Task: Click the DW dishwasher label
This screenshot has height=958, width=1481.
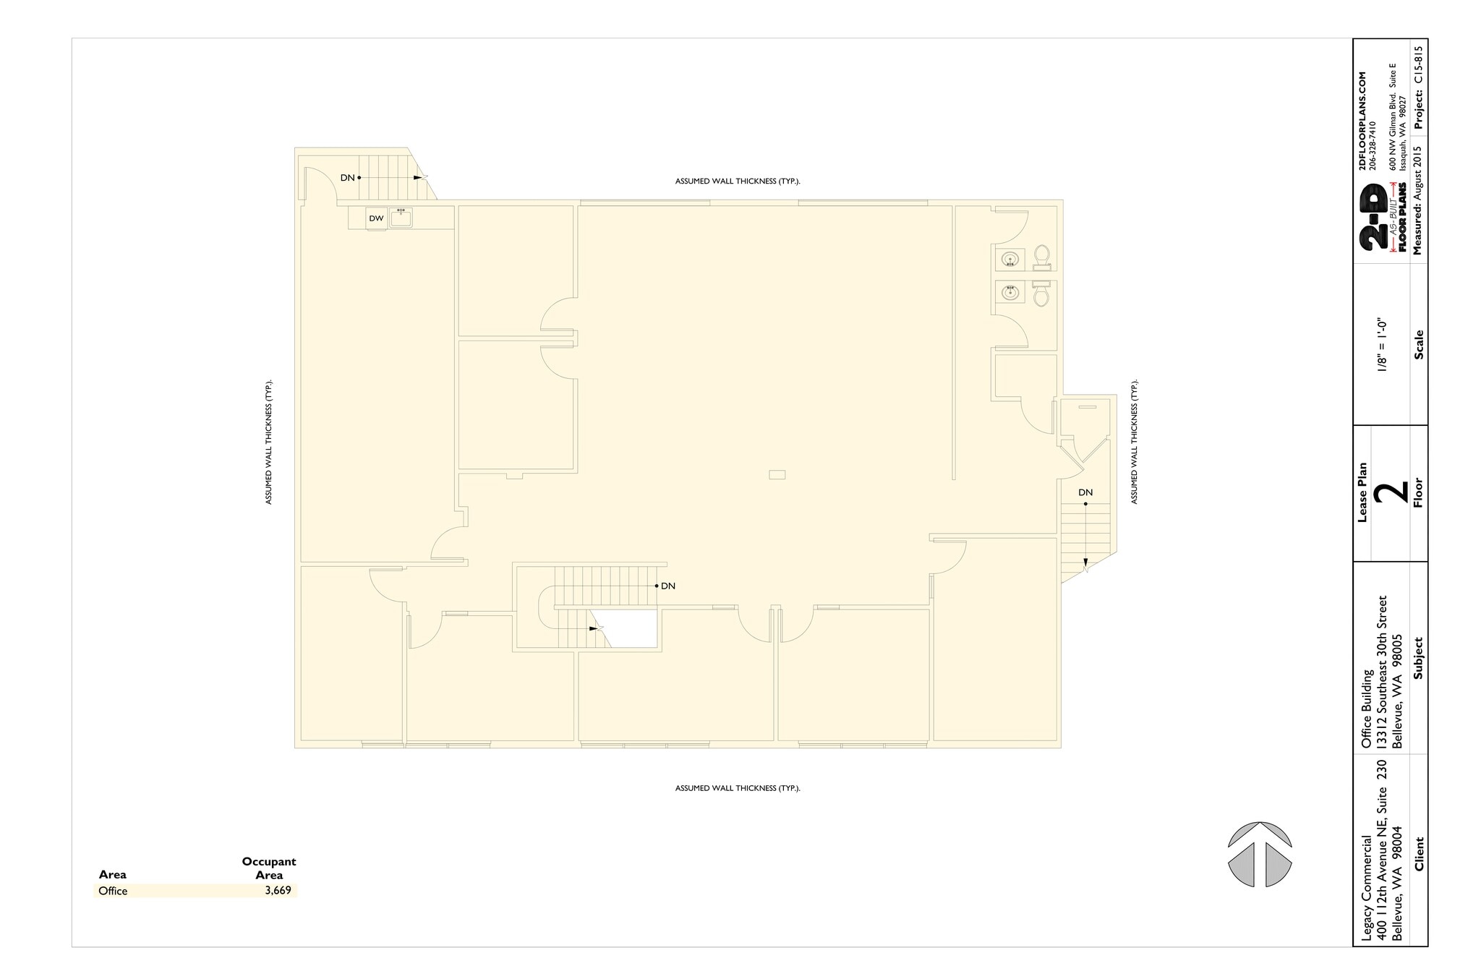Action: coord(376,218)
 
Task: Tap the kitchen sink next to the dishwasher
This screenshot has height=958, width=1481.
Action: coord(401,217)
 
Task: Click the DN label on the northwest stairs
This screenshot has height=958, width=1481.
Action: coord(348,178)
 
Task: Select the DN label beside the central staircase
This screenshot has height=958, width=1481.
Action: coord(668,586)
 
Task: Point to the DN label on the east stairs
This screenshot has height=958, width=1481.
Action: coord(1085,493)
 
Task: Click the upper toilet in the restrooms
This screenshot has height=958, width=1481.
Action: coord(1041,256)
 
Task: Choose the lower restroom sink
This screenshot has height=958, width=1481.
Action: coord(1010,293)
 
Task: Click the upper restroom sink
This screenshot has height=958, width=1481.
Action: coord(1010,258)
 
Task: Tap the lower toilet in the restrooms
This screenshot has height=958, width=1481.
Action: coord(1041,295)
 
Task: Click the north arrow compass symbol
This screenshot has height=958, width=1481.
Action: coord(1260,854)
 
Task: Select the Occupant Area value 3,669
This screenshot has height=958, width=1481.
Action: coord(278,891)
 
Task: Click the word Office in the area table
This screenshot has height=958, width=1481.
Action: coord(113,891)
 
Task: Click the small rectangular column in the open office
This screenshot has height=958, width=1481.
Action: coord(777,475)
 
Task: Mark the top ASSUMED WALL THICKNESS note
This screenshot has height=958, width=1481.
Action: coord(738,181)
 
